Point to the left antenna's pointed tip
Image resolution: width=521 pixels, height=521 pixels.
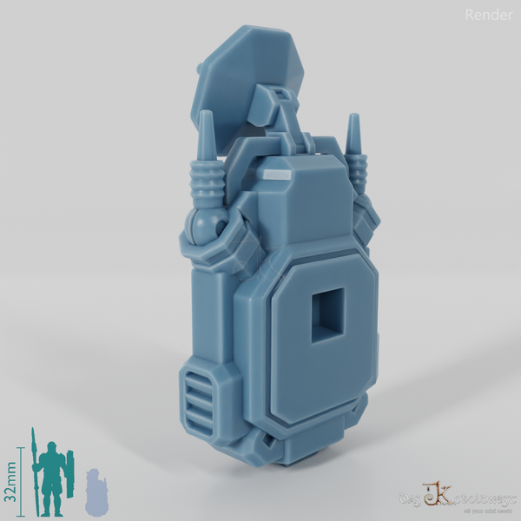(x=207, y=116)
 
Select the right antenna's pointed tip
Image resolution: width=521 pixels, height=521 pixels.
(x=353, y=119)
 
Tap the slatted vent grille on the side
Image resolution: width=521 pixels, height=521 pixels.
(x=201, y=394)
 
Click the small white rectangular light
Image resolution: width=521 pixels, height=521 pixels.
(x=277, y=175)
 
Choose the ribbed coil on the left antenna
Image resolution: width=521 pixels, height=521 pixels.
(x=207, y=182)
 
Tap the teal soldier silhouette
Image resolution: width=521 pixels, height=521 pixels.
(x=52, y=478)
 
